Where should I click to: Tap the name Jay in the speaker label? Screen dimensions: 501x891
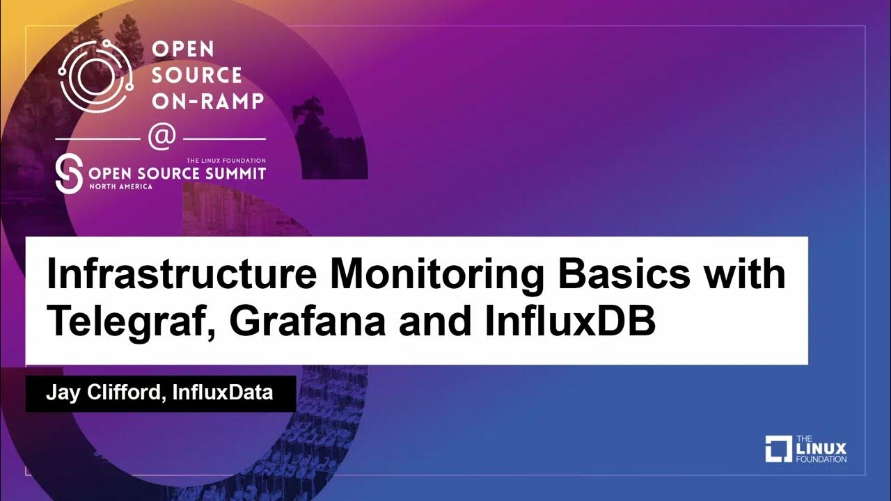[x=61, y=393]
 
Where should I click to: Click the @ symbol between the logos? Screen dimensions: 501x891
[x=161, y=136]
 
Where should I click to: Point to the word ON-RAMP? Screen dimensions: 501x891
[x=207, y=101]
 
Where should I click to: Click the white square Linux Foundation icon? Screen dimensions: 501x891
[x=778, y=449]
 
